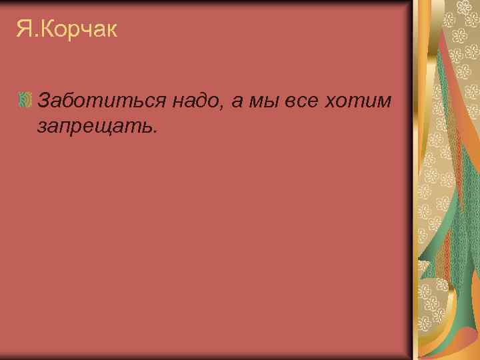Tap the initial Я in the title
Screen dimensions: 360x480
point(23,29)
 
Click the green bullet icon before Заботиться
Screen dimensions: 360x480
point(25,101)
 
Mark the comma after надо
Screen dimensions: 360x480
point(221,107)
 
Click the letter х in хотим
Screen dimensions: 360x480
point(330,103)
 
